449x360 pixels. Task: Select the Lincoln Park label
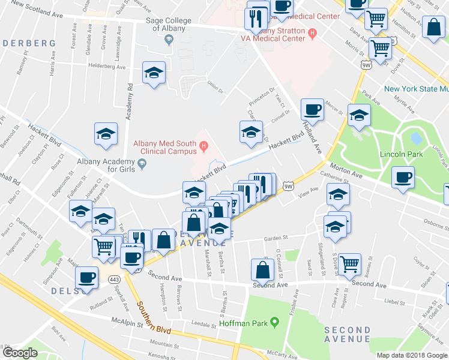pyautogui.click(x=401, y=154)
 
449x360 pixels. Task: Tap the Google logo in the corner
pyautogui.click(x=19, y=353)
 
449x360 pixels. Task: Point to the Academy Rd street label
pyautogui.click(x=129, y=100)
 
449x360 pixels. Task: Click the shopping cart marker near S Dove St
pyautogui.click(x=349, y=263)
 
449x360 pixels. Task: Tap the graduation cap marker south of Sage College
pyautogui.click(x=154, y=73)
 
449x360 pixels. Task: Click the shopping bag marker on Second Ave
pyautogui.click(x=263, y=269)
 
